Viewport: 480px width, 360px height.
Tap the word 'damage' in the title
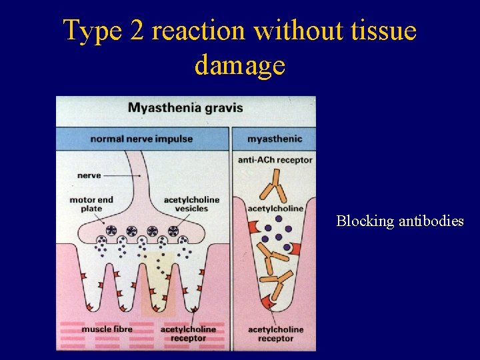(240, 65)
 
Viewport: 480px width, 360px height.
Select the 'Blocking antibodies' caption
(399, 221)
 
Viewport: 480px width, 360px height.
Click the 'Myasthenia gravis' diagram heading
(185, 107)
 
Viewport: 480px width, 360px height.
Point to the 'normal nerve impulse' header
(141, 139)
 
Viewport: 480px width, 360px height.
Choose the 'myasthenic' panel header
(274, 139)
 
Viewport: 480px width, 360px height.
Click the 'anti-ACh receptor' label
(275, 160)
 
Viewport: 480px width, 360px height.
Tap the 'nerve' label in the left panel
(89, 175)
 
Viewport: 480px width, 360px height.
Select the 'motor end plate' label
(91, 204)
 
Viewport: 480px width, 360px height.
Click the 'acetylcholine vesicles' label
(191, 204)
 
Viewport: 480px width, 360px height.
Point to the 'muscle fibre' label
(107, 329)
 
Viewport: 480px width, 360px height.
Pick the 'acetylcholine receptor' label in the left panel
(188, 333)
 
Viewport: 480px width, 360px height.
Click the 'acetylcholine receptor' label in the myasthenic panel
(275, 333)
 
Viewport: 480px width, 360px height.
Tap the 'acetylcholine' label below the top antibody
(275, 209)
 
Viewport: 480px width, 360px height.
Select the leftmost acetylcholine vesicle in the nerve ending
(110, 231)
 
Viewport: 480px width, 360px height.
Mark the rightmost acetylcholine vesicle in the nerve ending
(173, 231)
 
